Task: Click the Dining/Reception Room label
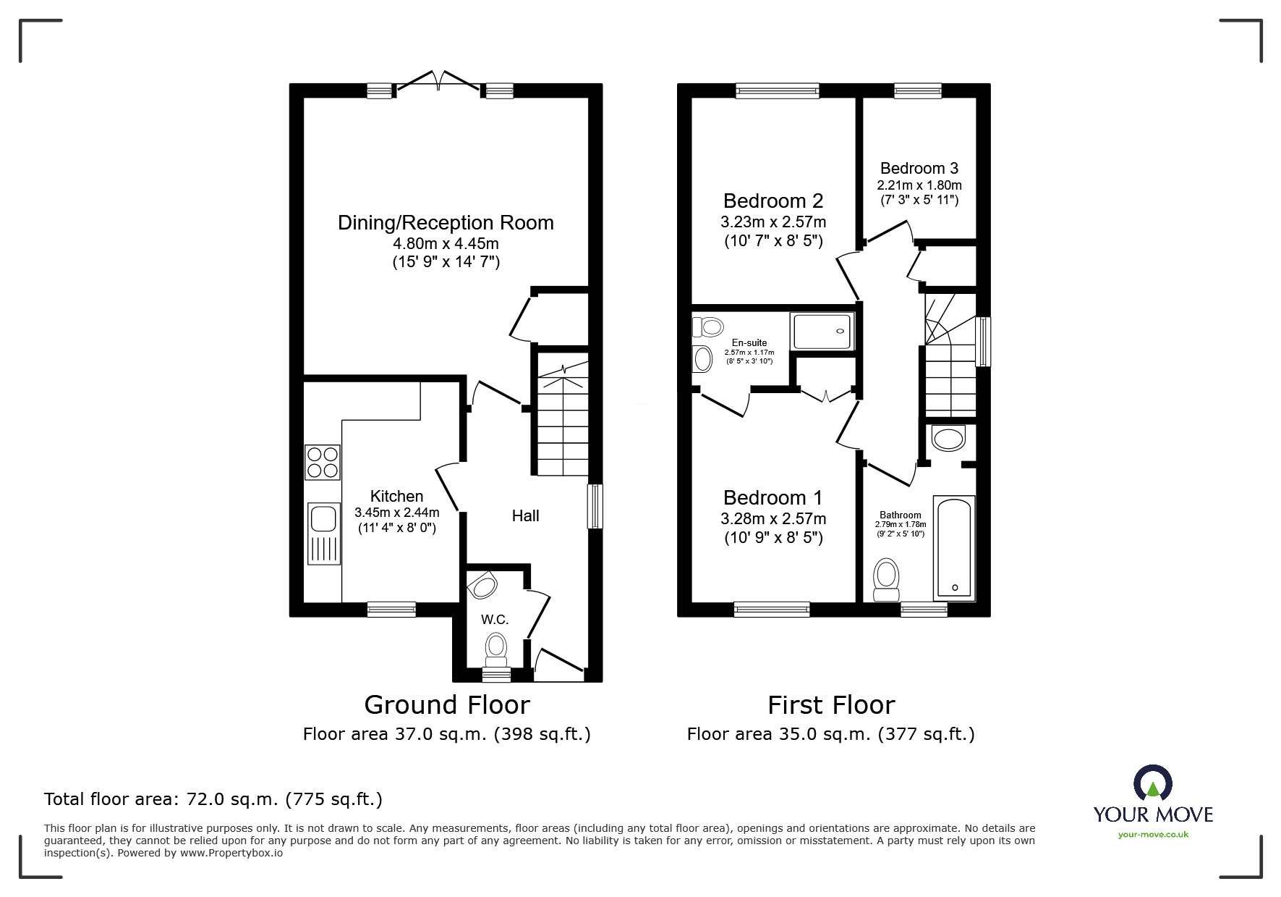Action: pos(446,223)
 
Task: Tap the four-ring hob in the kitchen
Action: pos(323,462)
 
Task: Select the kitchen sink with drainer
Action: pos(323,533)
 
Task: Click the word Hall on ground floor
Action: pos(525,516)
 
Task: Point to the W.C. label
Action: pos(495,620)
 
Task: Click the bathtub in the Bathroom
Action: pos(954,547)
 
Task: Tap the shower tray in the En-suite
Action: pos(822,331)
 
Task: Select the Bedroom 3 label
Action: pos(919,169)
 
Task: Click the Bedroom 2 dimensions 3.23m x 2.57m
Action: pos(773,222)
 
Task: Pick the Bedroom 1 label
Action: pos(773,498)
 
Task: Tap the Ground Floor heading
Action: pos(446,705)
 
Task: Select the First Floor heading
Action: pos(830,705)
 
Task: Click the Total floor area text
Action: pos(213,800)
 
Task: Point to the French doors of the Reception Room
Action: pos(437,84)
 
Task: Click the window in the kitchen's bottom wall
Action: pos(391,610)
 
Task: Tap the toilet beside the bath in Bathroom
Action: pos(886,579)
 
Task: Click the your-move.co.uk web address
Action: pos(1153,835)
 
